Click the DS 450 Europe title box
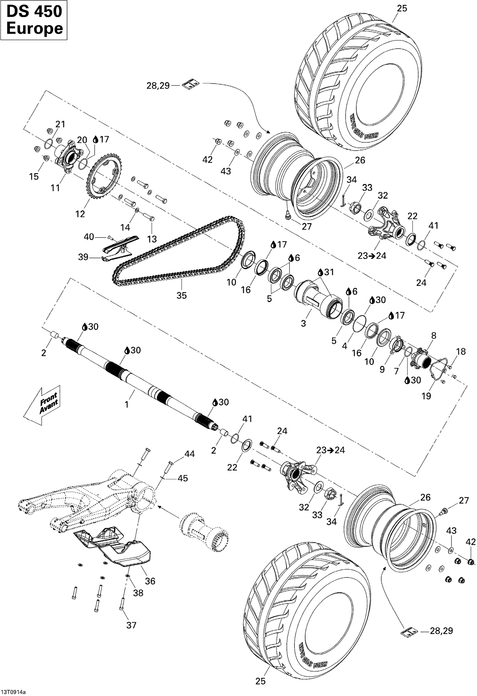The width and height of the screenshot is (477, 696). (x=34, y=20)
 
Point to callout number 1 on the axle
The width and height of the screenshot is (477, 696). (x=127, y=405)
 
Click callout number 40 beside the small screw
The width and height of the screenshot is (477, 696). (x=89, y=237)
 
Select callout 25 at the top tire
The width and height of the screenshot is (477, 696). (x=402, y=9)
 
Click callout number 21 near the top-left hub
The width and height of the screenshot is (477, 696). (x=60, y=124)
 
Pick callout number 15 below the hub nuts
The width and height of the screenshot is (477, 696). (x=34, y=176)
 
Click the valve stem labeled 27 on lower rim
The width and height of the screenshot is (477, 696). (x=443, y=511)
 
